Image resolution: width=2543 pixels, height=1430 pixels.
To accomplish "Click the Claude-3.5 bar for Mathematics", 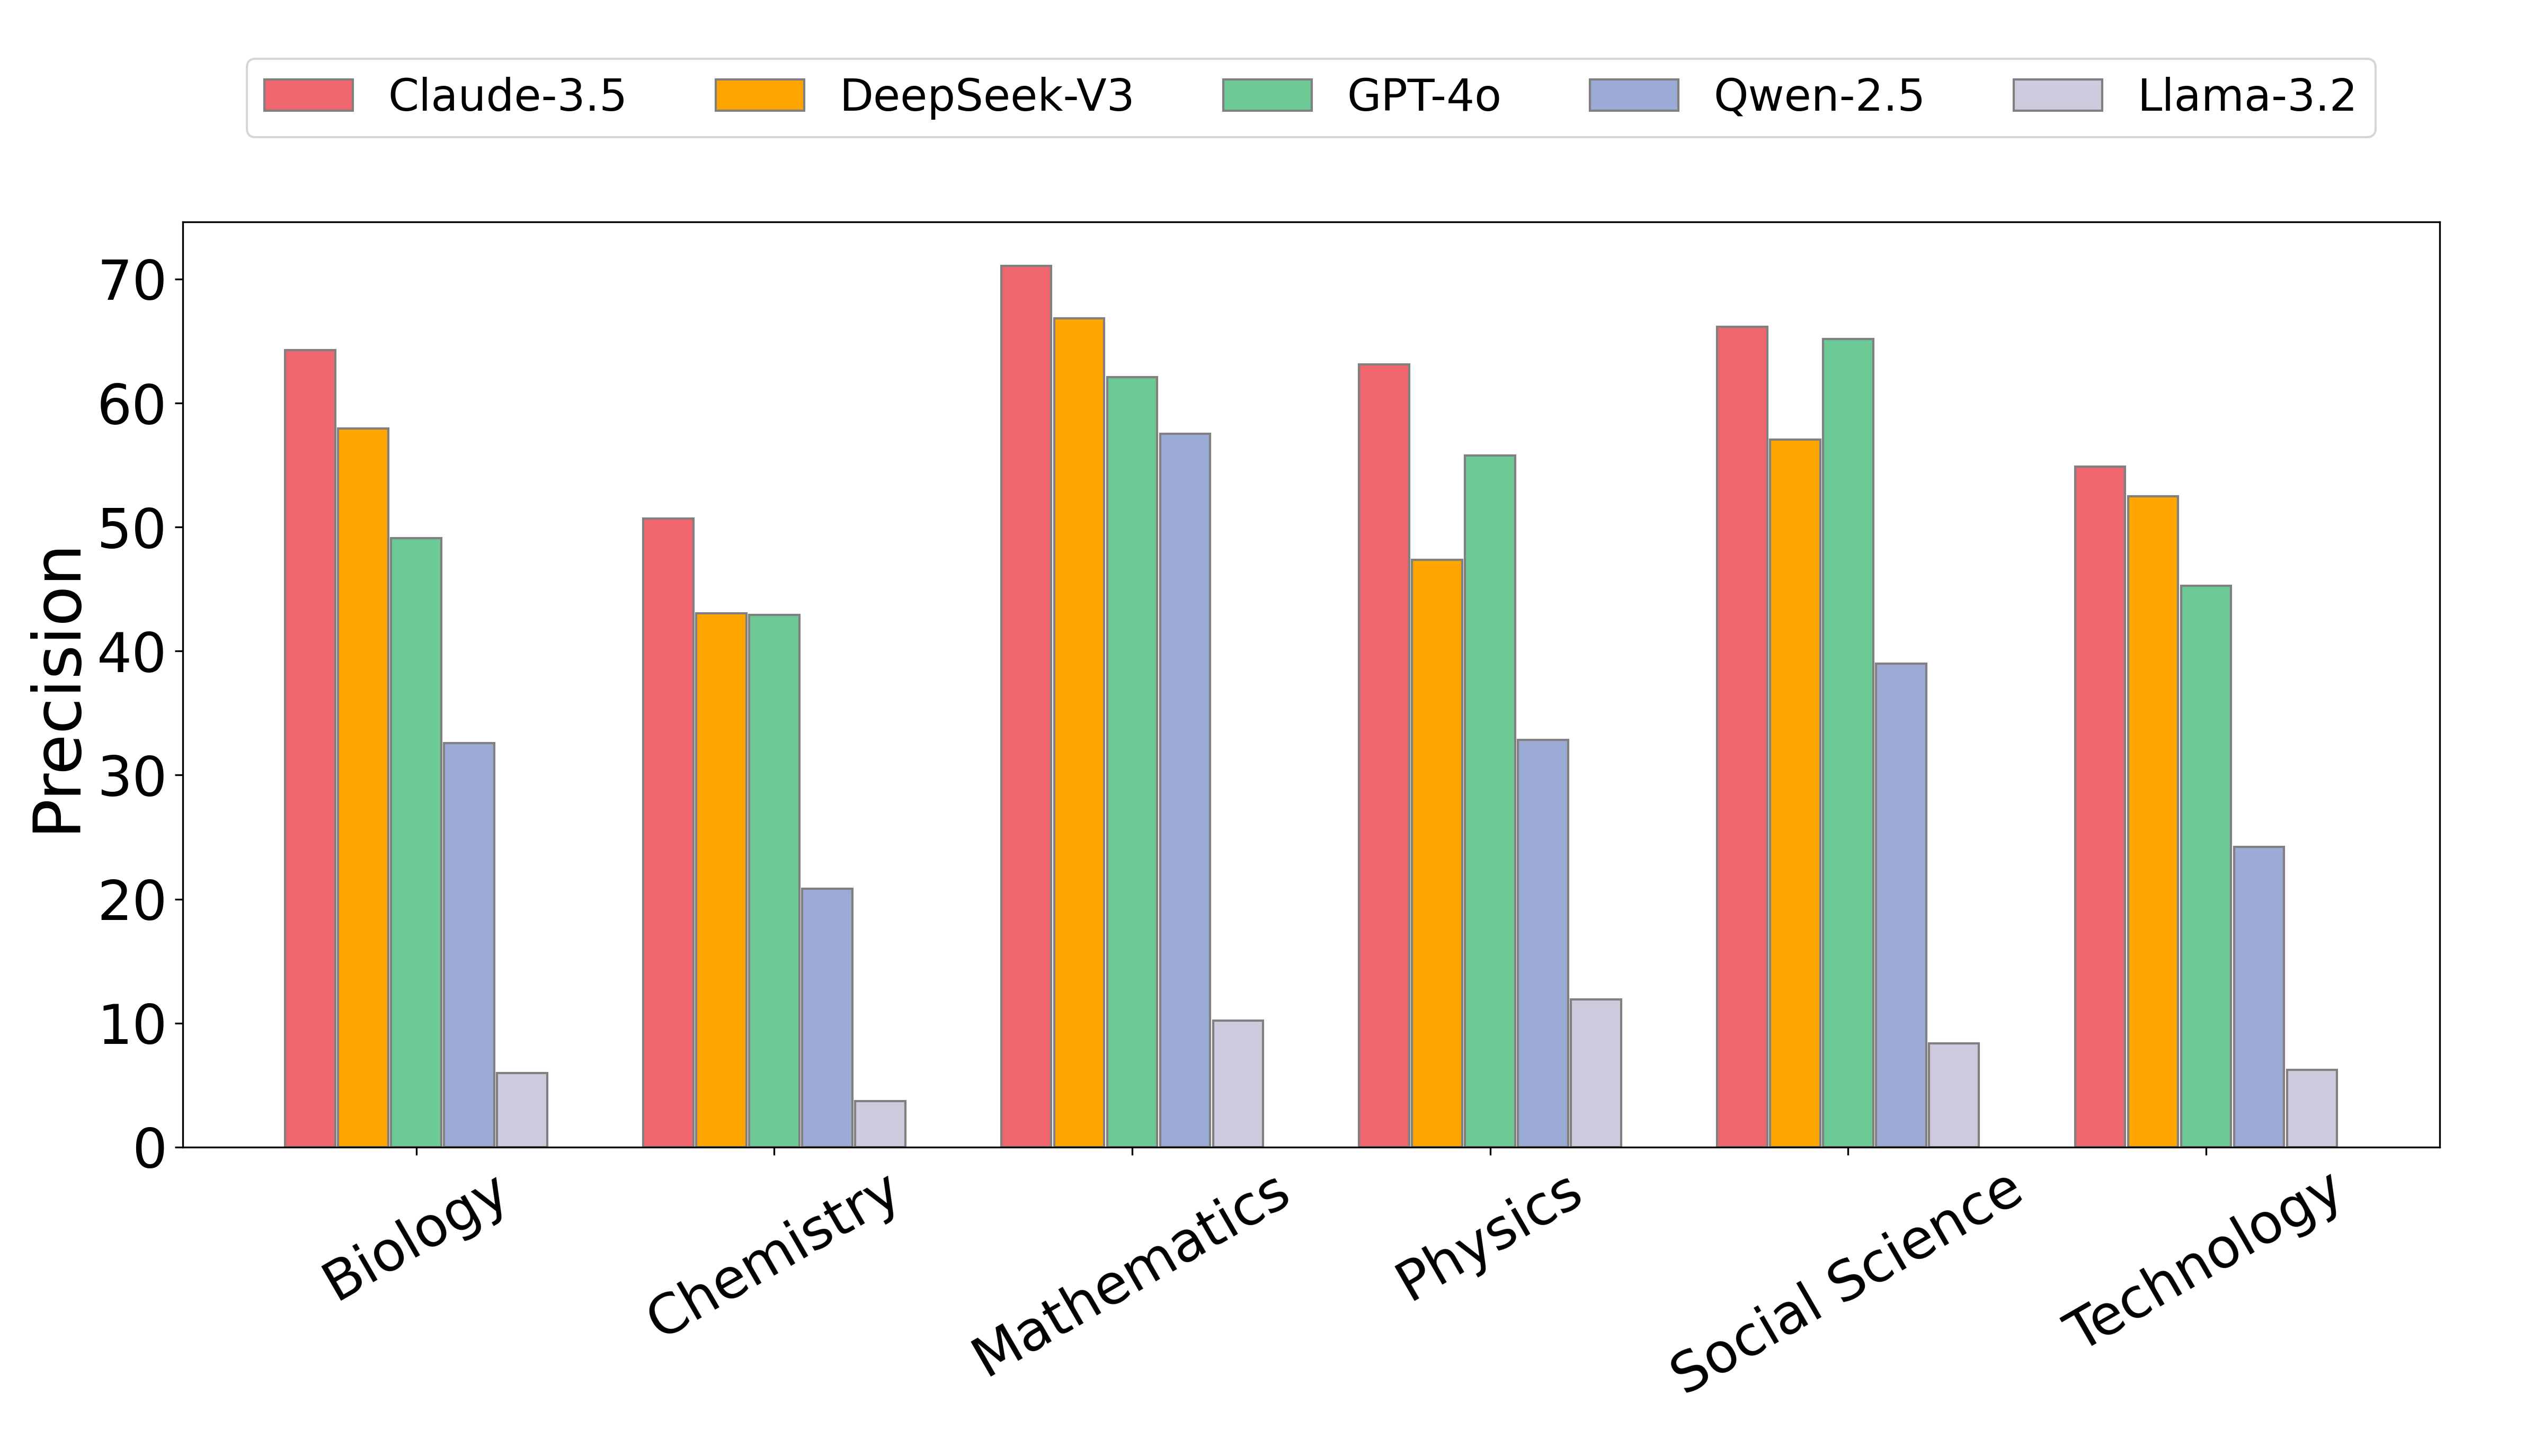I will tap(1026, 705).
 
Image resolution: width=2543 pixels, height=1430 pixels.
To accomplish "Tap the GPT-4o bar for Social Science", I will tap(1847, 742).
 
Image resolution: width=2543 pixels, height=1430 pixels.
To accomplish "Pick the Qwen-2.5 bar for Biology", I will tap(469, 944).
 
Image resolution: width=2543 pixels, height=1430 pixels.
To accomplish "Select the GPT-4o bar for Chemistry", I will tap(774, 880).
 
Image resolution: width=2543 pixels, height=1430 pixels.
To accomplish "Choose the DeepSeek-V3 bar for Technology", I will tap(2152, 821).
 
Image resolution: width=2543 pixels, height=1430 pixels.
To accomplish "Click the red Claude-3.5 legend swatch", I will tap(308, 96).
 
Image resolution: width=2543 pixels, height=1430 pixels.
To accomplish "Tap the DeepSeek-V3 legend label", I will tap(986, 96).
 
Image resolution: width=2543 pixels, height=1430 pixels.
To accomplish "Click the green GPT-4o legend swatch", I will tap(1267, 96).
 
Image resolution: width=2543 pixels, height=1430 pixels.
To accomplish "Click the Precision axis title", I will tap(57, 691).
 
